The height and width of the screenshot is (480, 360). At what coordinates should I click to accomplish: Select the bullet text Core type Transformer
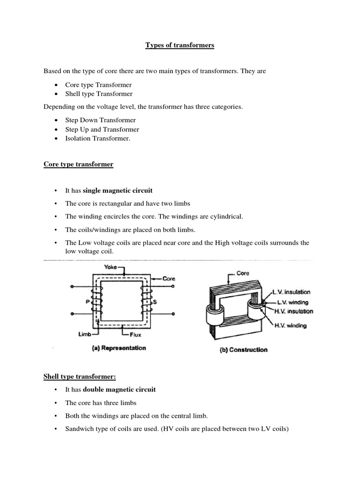pos(98,85)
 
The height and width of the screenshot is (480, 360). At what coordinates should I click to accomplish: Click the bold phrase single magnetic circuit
pos(118,191)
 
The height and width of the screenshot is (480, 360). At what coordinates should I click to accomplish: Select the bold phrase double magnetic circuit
pos(120,389)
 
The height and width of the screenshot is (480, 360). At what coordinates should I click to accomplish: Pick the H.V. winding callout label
pos(290,326)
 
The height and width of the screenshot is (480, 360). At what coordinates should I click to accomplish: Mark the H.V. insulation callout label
pos(293,311)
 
